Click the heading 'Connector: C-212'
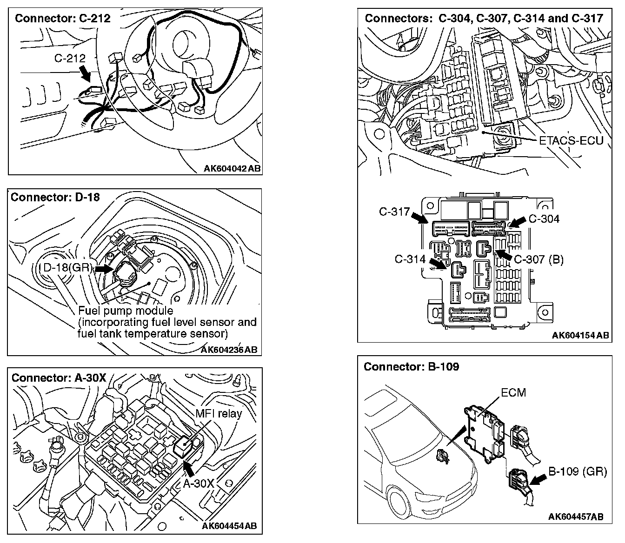point(63,19)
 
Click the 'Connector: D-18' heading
point(55,197)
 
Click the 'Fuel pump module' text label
point(126,311)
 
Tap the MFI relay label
point(219,413)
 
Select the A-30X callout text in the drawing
point(198,483)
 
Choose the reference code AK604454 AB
point(229,526)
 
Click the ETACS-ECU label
point(571,140)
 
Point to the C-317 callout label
point(394,212)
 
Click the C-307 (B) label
point(539,259)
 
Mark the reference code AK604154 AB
point(581,335)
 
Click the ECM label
point(513,393)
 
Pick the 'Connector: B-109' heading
point(411,367)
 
